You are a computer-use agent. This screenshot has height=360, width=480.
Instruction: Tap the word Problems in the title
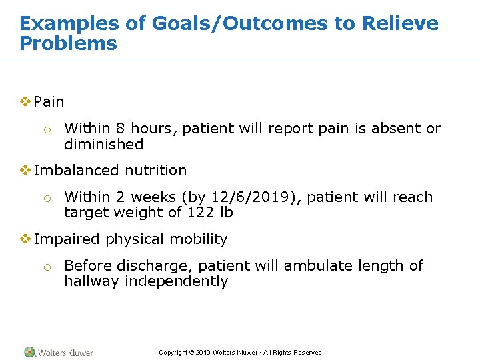click(68, 44)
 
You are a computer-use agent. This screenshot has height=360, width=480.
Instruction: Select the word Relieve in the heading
click(399, 24)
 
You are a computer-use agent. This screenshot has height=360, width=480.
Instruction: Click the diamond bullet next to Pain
click(25, 102)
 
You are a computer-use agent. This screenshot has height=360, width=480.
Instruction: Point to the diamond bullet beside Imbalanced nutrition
click(25, 170)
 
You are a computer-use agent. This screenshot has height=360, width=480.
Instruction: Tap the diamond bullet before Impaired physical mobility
click(25, 239)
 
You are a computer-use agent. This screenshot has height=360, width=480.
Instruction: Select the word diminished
click(103, 145)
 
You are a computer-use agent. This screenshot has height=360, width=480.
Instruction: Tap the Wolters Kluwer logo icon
click(29, 352)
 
